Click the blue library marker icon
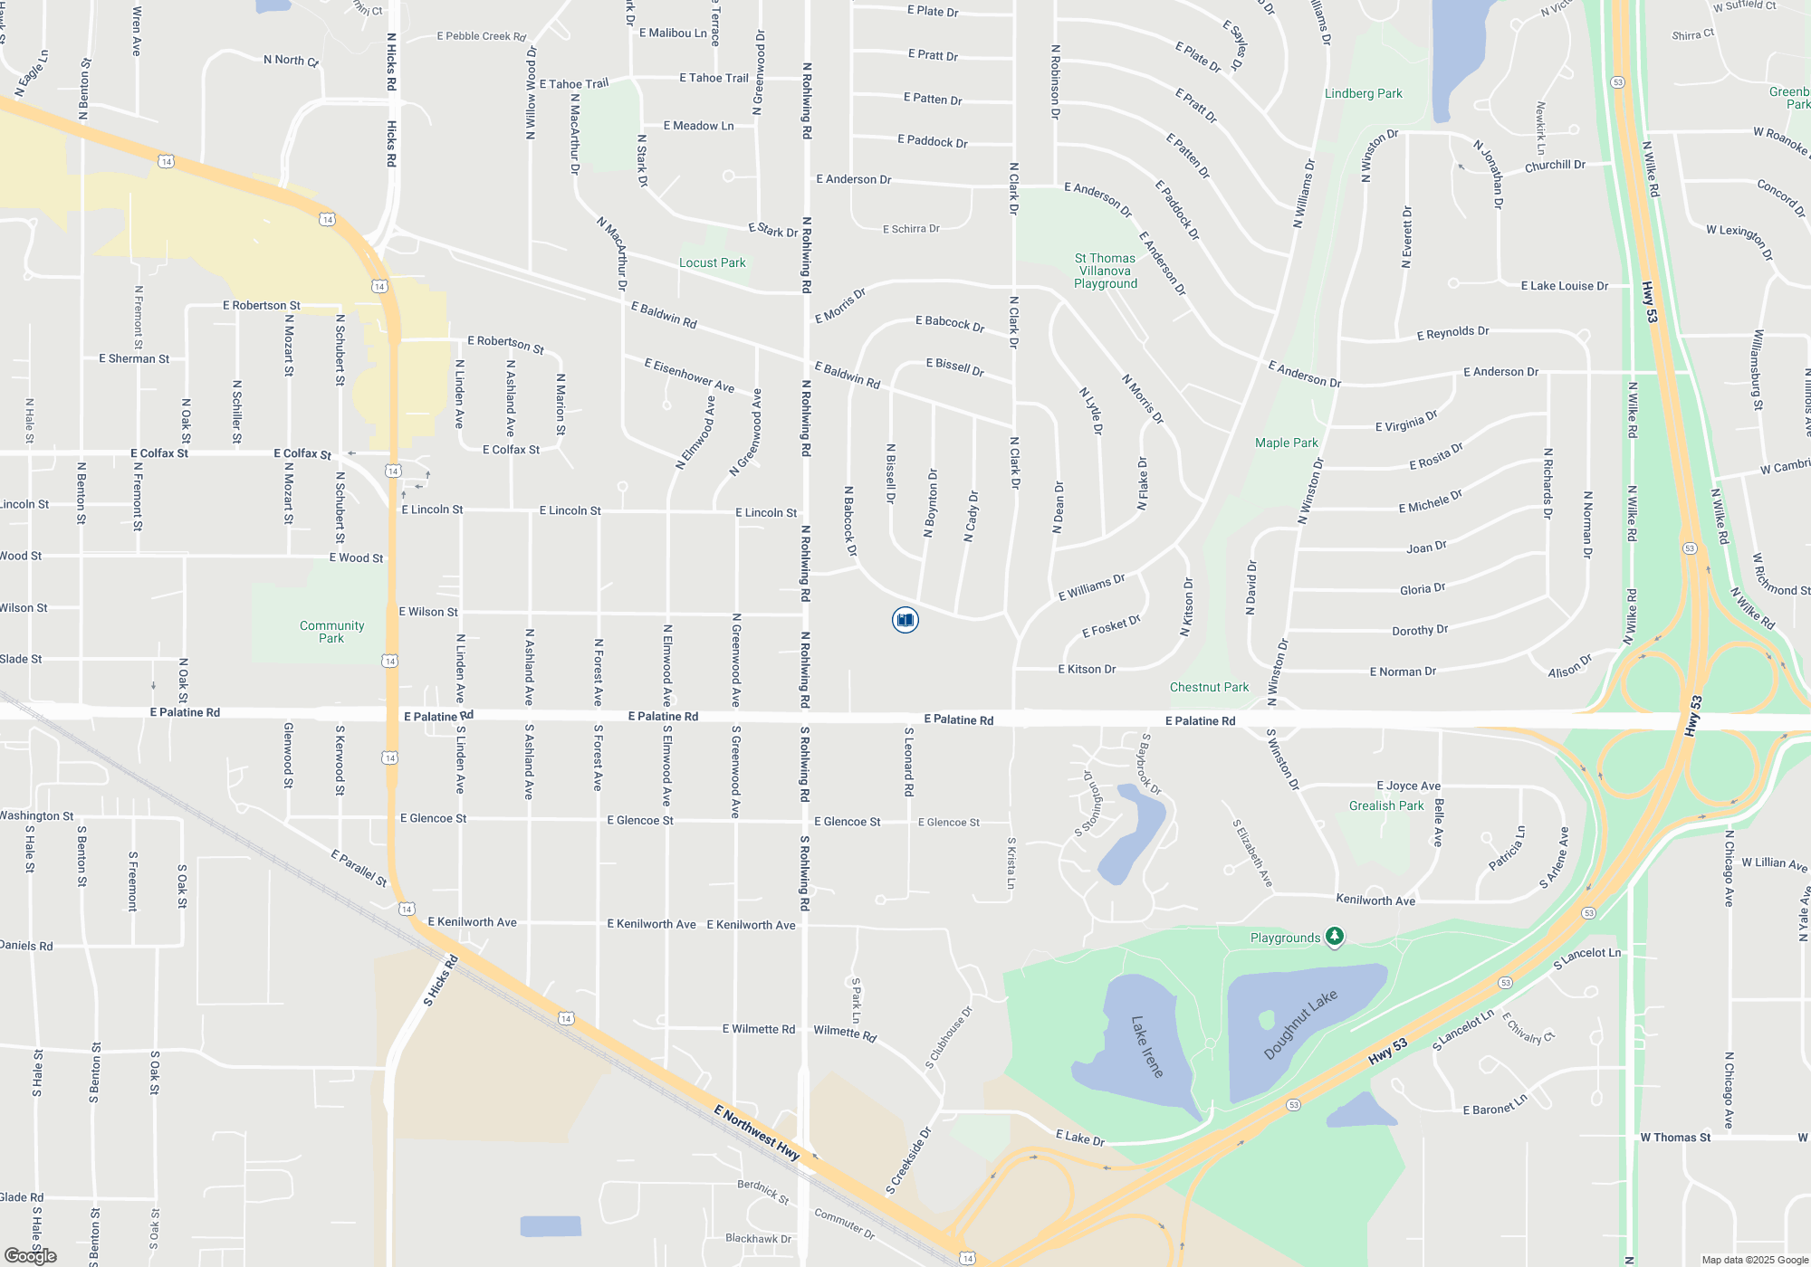click(x=905, y=620)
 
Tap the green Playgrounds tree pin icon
click(x=1334, y=937)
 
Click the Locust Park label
click(x=713, y=262)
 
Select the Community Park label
click(x=331, y=632)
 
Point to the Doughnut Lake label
click(x=1299, y=1024)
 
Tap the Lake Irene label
click(x=1146, y=1046)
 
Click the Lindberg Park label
click(x=1363, y=93)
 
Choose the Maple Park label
click(x=1286, y=443)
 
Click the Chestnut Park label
click(x=1209, y=687)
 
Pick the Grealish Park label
click(x=1385, y=805)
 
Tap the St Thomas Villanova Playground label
click(x=1105, y=271)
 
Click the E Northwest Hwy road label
click(x=756, y=1131)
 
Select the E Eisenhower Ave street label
click(x=689, y=375)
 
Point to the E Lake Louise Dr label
click(x=1564, y=286)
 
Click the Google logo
click(x=30, y=1255)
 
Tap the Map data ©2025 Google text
click(x=1754, y=1260)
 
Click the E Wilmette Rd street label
click(x=758, y=1029)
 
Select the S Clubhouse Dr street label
click(x=948, y=1038)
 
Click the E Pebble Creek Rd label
click(x=481, y=36)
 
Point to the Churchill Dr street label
click(x=1555, y=166)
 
